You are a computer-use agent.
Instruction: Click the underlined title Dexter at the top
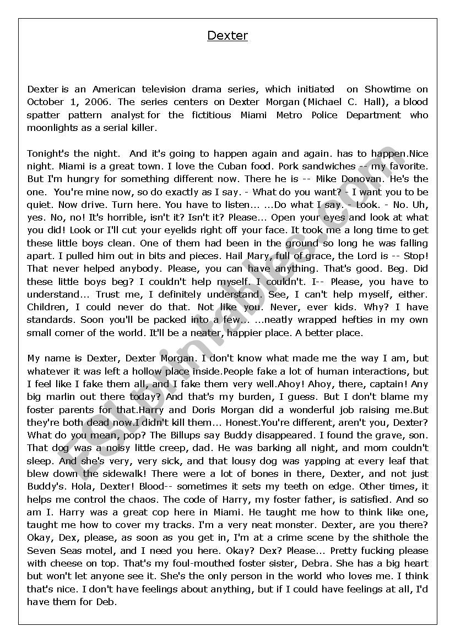click(x=227, y=36)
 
